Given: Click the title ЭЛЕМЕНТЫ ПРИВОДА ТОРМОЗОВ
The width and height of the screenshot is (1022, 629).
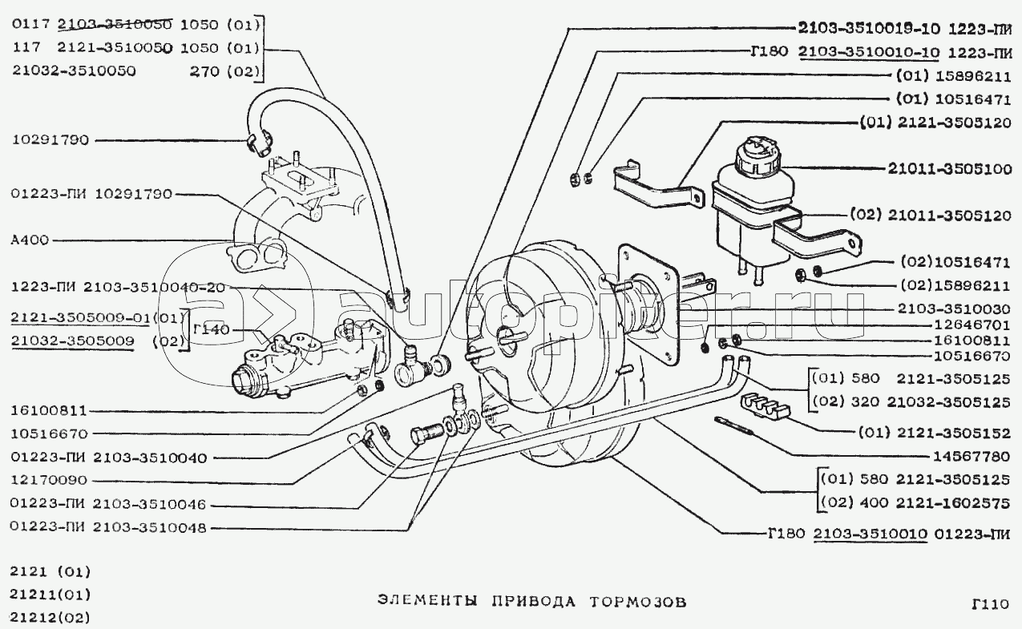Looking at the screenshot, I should point(532,602).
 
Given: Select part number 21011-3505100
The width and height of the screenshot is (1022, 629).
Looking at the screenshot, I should point(948,169).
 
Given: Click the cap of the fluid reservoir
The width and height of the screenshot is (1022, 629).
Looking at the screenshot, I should point(757,151).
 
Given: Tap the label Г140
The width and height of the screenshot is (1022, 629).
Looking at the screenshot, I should point(210,329).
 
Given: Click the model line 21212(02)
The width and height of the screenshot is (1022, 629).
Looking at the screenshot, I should point(50,618).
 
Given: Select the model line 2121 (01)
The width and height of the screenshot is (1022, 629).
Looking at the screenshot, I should point(50,572).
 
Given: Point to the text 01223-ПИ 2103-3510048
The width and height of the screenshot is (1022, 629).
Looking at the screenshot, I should point(109,527).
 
